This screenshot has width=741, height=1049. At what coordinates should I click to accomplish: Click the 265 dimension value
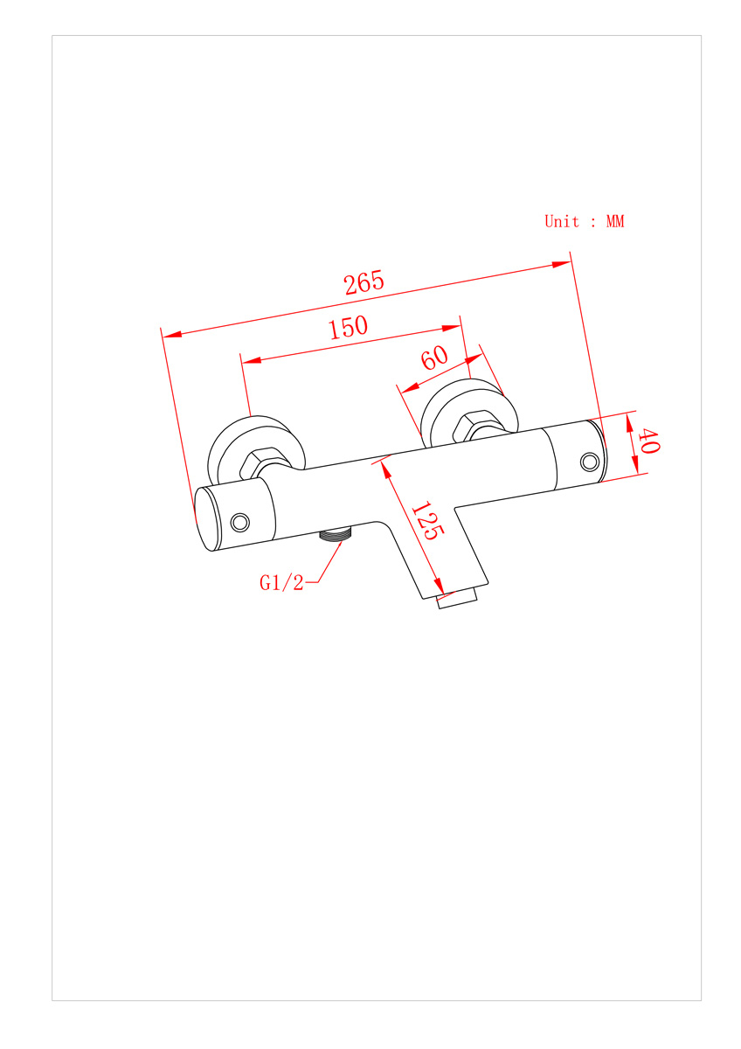click(x=364, y=281)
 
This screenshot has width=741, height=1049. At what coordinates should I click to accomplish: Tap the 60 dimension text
click(x=434, y=358)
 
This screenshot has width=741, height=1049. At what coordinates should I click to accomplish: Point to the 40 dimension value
click(x=648, y=441)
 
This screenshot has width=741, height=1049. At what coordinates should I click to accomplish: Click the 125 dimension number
click(x=427, y=520)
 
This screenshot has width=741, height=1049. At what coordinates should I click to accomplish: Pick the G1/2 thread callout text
click(x=281, y=583)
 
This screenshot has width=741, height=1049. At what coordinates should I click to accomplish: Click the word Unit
click(x=561, y=221)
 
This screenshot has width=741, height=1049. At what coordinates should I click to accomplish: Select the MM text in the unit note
click(x=615, y=221)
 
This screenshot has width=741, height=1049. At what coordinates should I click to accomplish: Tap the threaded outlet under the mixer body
click(x=335, y=534)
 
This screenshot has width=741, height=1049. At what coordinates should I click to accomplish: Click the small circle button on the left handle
click(x=240, y=522)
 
